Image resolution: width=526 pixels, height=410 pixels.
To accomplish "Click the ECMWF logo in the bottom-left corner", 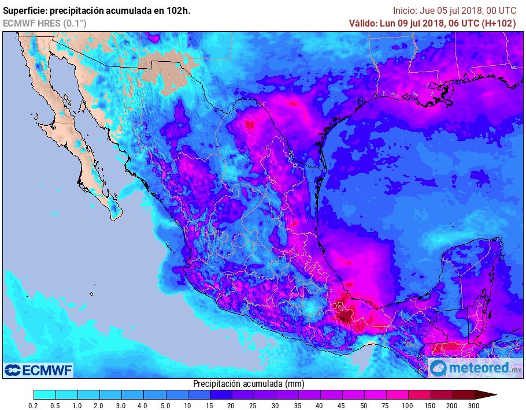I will (x=39, y=370).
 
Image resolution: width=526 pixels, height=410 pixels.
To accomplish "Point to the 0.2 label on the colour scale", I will (x=34, y=406).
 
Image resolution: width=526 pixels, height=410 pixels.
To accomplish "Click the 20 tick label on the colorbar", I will (x=231, y=406).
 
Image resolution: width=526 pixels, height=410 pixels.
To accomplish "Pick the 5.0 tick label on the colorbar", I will (x=165, y=406).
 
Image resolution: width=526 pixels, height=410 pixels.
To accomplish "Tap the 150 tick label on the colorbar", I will (x=430, y=406).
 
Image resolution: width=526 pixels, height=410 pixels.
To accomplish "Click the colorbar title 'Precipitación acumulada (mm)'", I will (x=249, y=383).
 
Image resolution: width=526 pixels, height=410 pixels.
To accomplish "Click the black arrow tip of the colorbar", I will (x=491, y=395).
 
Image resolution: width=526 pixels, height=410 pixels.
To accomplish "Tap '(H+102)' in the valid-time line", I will (x=499, y=23).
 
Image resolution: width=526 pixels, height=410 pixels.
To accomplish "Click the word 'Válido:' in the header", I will (x=363, y=23).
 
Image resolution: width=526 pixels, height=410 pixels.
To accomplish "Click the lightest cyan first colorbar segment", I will (x=45, y=395).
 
